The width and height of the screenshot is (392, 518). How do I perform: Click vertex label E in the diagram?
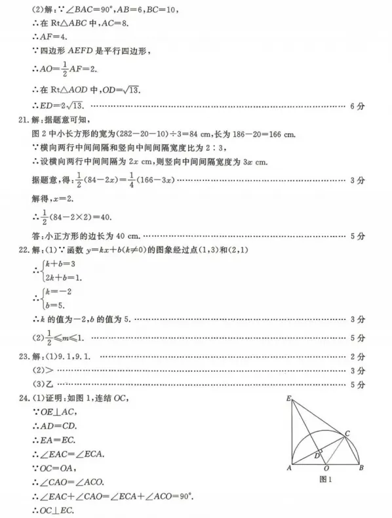(x=288, y=398)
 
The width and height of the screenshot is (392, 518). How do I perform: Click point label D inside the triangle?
(x=317, y=454)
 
